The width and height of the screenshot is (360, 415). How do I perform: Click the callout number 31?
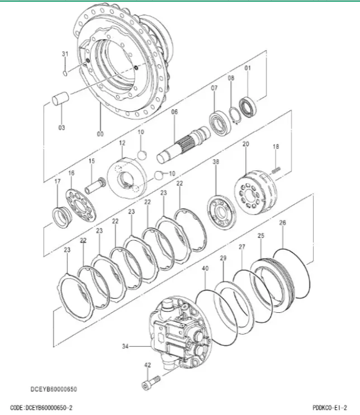pyautogui.click(x=65, y=54)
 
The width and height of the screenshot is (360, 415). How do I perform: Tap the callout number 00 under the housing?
pyautogui.click(x=100, y=134)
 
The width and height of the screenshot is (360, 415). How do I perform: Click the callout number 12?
pyautogui.click(x=122, y=143)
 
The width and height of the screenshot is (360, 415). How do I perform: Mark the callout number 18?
pyautogui.click(x=276, y=147)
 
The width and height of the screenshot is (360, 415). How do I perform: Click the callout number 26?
pyautogui.click(x=282, y=223)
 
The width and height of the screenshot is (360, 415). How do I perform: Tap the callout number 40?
pyautogui.click(x=205, y=269)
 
